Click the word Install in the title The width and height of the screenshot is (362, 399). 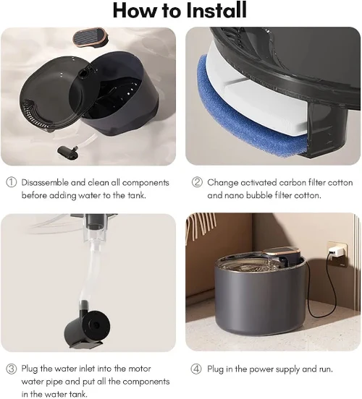point(216,10)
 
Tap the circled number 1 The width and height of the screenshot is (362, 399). point(11,182)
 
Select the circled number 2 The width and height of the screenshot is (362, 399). point(197,182)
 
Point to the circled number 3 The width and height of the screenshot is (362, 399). point(11,369)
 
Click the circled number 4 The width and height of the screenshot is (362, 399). point(196,369)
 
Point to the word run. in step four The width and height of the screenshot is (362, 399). point(326,369)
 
